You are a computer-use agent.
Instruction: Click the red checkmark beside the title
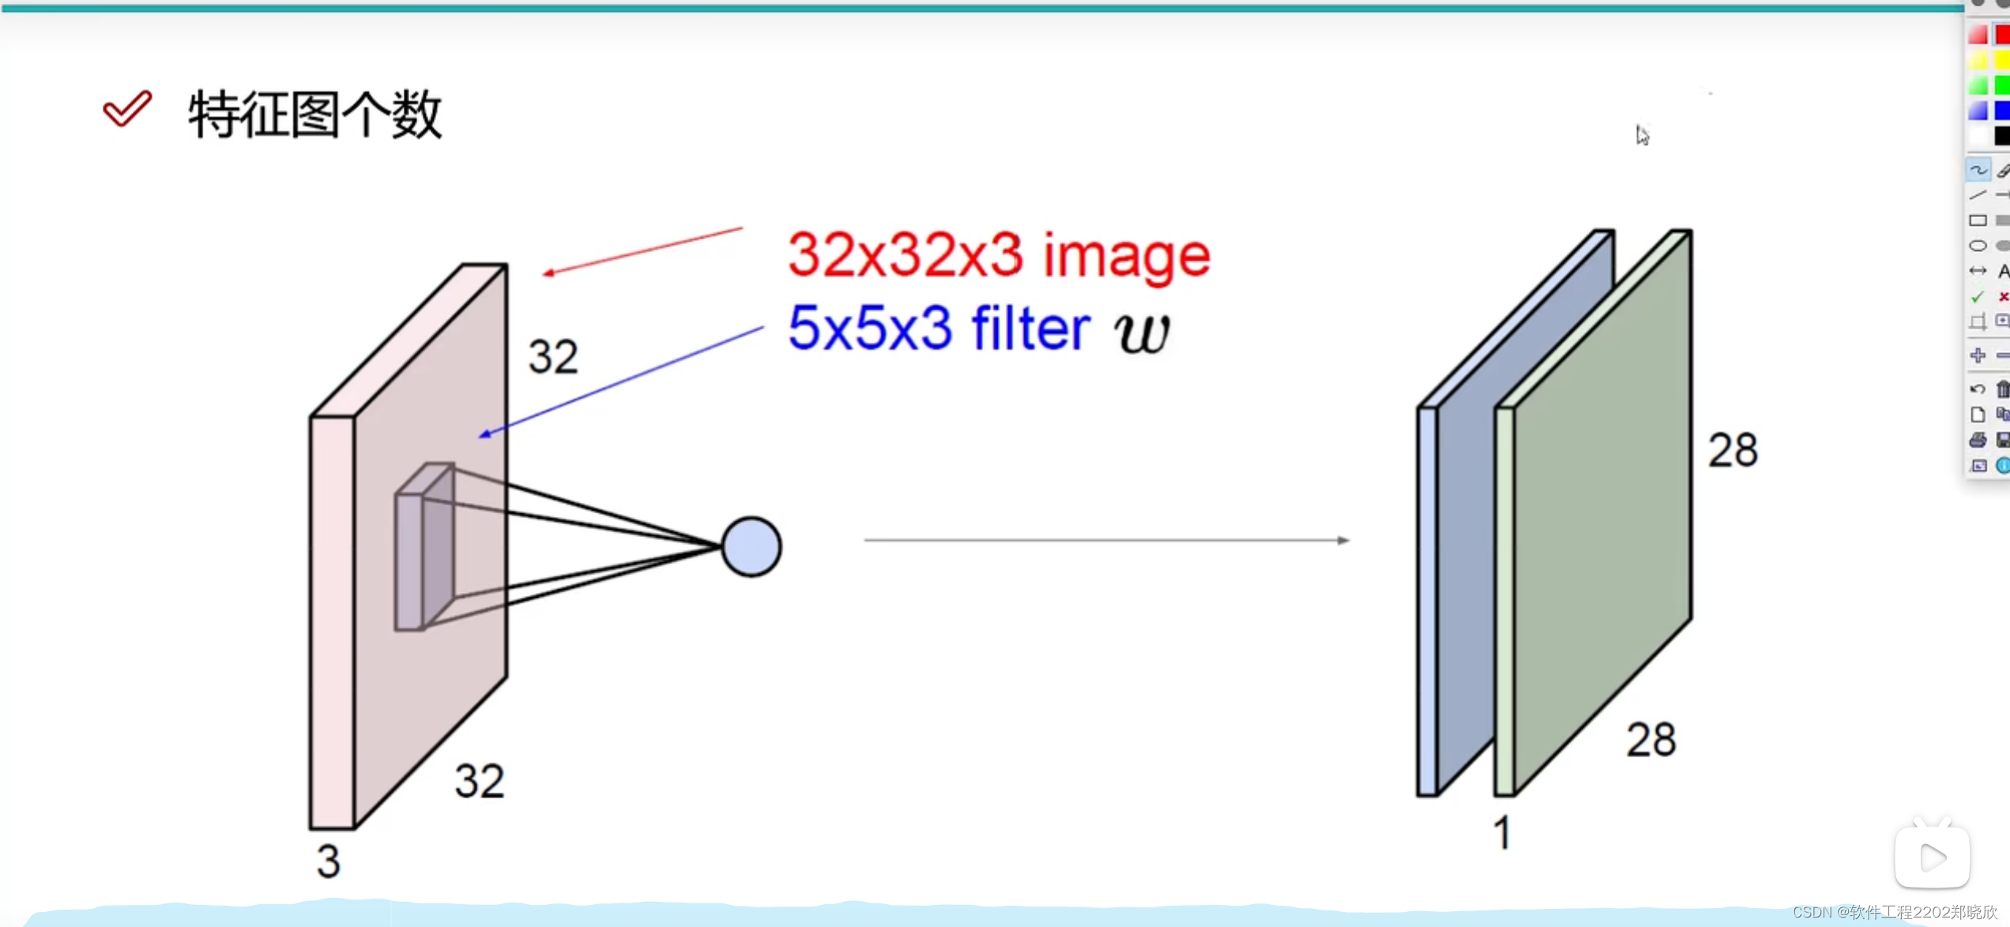coord(126,108)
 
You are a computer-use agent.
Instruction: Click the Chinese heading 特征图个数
coord(314,114)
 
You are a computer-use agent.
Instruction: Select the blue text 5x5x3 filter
coord(939,328)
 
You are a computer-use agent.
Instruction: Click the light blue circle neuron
coord(751,546)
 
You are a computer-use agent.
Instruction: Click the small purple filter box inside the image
coord(424,547)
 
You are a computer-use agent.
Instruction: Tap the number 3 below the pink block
coord(328,861)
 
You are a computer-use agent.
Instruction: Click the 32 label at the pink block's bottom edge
coord(479,781)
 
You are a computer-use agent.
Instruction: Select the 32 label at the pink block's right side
coord(553,356)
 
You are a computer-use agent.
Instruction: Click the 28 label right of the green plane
coord(1732,450)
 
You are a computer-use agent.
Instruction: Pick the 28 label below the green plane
coord(1651,740)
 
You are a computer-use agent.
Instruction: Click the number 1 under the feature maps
coord(1502,833)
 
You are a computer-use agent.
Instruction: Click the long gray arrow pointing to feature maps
coord(1106,540)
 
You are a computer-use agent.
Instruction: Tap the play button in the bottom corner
coord(1931,858)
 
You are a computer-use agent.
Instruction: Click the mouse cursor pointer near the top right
coord(1642,135)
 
